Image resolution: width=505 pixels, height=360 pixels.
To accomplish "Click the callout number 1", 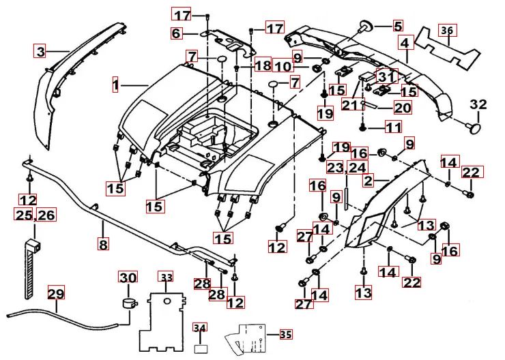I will [x=116, y=85].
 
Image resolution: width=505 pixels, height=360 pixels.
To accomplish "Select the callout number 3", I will [x=41, y=51].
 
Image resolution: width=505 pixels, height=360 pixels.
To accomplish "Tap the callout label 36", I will [x=446, y=31].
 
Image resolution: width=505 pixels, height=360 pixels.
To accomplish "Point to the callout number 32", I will [x=478, y=104].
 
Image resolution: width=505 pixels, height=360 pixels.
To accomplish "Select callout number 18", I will [x=263, y=65].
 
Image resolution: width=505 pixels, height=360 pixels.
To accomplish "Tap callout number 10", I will [x=283, y=66].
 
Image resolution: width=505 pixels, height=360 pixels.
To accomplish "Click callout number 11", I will [x=394, y=127].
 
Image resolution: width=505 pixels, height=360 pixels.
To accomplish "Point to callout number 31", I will [x=386, y=77].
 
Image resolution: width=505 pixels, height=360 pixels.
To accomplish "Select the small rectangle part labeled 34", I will [x=199, y=347].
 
